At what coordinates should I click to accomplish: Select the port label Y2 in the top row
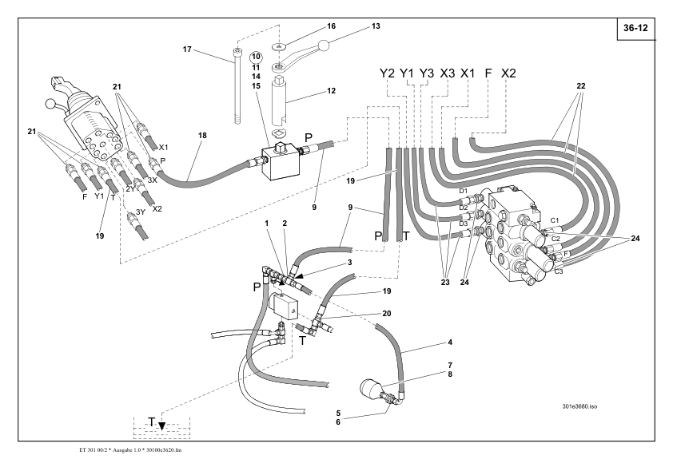(388, 74)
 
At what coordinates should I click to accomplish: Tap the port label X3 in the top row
(448, 74)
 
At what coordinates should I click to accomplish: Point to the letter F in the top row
(488, 74)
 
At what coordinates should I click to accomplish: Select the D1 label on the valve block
(463, 192)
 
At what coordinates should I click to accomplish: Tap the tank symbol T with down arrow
(155, 421)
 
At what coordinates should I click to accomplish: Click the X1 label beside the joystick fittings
(163, 148)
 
